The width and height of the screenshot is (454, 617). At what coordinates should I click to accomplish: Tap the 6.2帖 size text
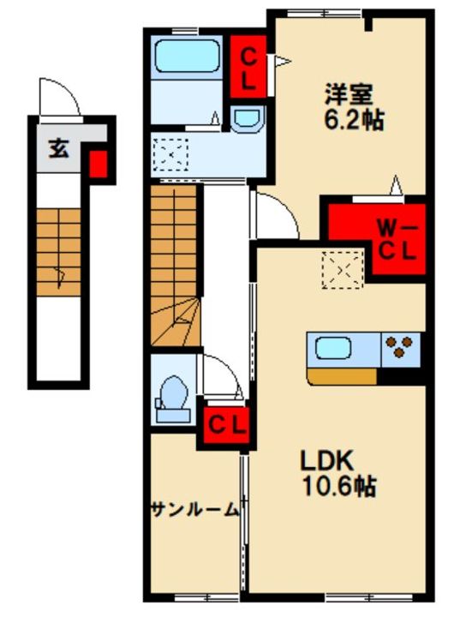click(x=354, y=120)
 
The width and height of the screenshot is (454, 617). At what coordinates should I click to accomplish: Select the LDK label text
click(x=327, y=460)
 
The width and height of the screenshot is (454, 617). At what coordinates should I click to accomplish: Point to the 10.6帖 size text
click(x=339, y=486)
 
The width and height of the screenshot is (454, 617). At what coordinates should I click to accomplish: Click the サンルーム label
click(x=195, y=510)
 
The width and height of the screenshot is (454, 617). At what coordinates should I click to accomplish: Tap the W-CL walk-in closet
click(x=377, y=239)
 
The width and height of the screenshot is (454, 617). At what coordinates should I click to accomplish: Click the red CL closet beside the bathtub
click(x=248, y=67)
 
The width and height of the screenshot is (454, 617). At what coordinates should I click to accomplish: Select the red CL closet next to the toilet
click(x=227, y=425)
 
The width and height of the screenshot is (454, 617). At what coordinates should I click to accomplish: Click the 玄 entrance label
click(x=58, y=149)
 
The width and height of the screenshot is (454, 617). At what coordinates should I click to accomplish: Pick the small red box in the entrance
click(x=99, y=164)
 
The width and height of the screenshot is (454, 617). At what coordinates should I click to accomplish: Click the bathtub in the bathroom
click(x=187, y=56)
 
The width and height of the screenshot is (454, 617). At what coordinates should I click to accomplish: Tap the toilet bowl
click(x=173, y=399)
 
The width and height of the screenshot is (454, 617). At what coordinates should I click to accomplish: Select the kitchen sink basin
click(x=333, y=347)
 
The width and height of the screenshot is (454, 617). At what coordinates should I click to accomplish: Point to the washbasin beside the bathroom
click(x=247, y=119)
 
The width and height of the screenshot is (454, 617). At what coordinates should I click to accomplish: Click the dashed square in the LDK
click(x=342, y=270)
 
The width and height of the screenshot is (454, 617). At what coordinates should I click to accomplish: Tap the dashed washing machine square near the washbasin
click(x=170, y=154)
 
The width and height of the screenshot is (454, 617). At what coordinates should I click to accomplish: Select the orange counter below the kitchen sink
click(x=342, y=376)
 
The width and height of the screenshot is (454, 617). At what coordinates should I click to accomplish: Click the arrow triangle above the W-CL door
click(x=396, y=185)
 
